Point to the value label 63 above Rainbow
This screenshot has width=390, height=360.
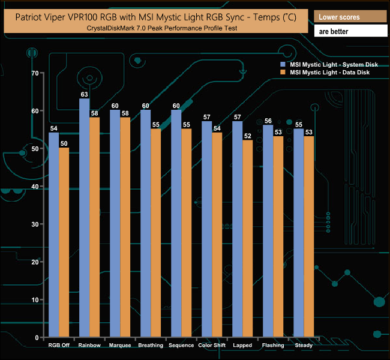84,94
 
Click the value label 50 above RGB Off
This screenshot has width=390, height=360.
64,143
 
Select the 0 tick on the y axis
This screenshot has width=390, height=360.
36,338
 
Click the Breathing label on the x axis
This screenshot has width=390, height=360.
150,345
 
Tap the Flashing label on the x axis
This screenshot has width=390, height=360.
273,345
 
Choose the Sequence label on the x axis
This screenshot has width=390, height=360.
181,345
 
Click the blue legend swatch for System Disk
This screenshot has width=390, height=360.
283,64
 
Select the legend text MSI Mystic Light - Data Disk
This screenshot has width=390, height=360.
329,72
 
